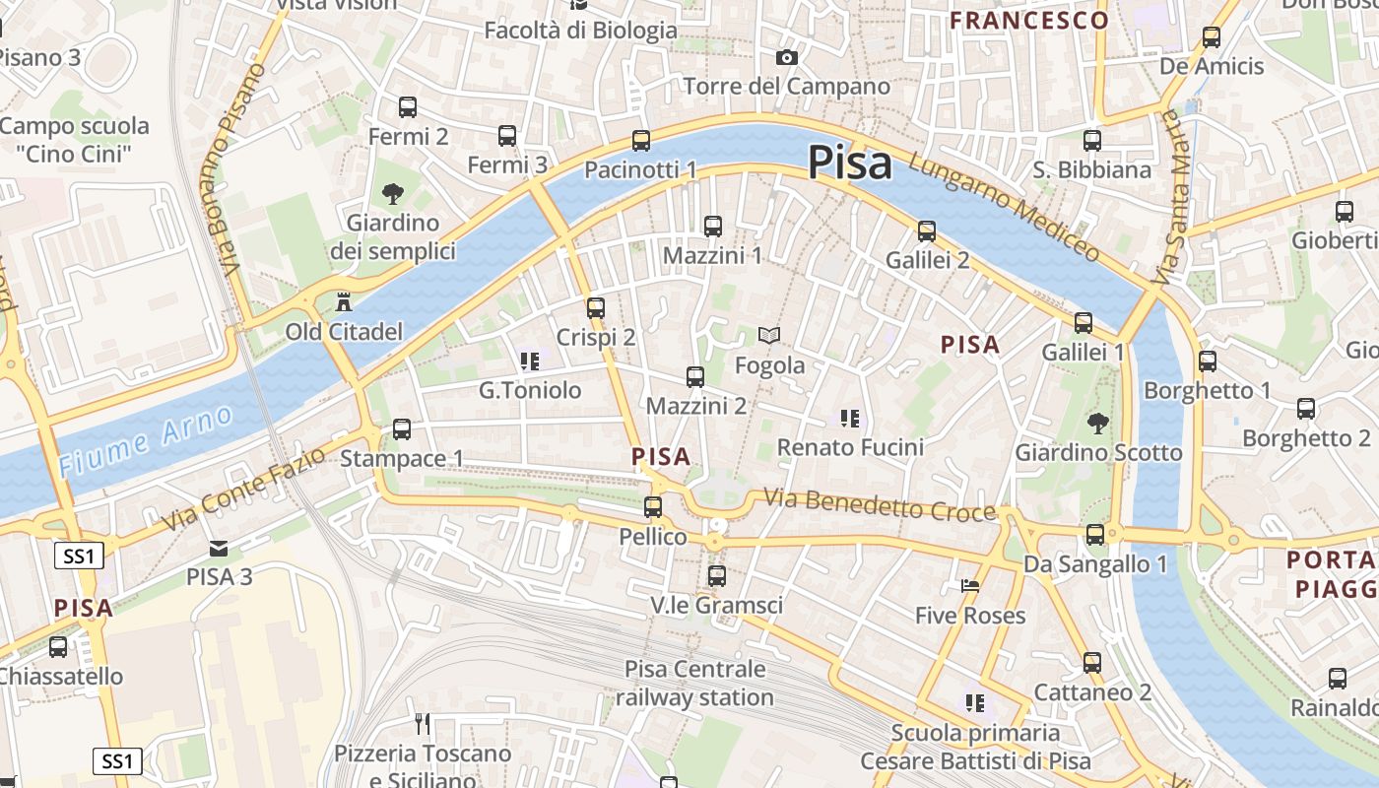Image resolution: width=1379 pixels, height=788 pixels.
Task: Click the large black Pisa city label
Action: click(850, 163)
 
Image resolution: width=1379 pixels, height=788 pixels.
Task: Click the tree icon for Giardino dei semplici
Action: click(393, 193)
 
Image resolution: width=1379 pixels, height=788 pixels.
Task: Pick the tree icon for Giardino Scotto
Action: click(1097, 424)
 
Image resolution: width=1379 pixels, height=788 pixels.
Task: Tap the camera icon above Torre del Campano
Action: click(786, 57)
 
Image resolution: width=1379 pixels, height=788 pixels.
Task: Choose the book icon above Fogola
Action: click(769, 336)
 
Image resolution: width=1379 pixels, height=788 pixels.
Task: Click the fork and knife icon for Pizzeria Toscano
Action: click(423, 724)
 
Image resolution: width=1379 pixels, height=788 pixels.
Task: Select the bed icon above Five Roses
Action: click(970, 586)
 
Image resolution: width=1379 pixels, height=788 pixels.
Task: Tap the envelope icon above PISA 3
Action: click(219, 548)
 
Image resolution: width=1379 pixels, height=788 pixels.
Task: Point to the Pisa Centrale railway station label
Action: click(694, 684)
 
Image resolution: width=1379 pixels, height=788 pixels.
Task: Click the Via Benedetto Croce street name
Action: click(880, 505)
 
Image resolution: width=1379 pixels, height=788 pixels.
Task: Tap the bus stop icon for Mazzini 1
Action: click(713, 226)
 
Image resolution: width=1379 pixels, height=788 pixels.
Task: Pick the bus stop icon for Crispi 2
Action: click(595, 307)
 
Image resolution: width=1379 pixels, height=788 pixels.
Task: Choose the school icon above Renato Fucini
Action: click(850, 419)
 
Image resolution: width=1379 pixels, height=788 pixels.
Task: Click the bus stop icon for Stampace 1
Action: click(401, 428)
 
